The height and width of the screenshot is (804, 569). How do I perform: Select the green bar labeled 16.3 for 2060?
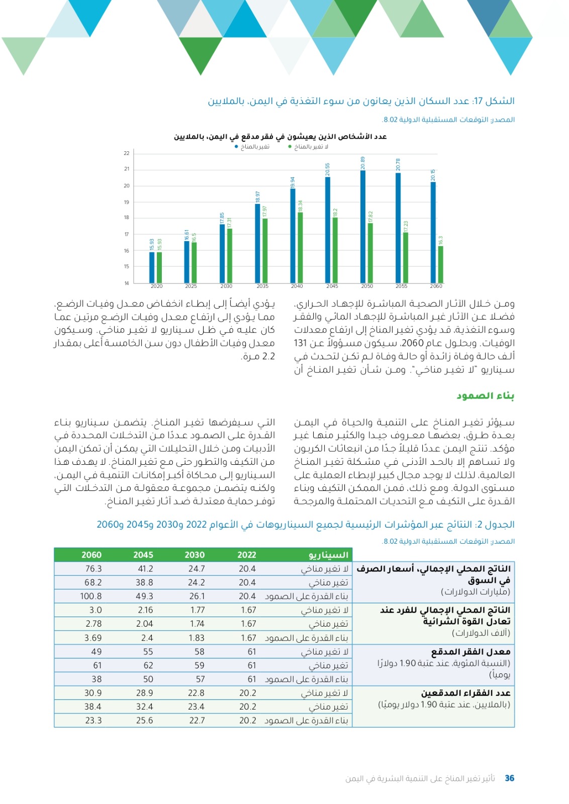tap(441, 264)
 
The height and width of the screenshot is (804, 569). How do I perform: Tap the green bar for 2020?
tap(159, 267)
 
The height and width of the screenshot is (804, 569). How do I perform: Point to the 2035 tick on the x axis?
tap(262, 286)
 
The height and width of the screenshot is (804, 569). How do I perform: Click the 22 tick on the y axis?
tap(127, 153)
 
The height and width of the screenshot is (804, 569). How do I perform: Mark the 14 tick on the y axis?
tap(127, 283)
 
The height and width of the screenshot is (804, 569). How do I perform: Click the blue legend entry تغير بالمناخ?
tap(252, 147)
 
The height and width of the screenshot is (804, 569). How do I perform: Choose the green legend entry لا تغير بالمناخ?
tap(308, 147)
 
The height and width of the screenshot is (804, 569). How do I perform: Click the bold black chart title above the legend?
tap(280, 137)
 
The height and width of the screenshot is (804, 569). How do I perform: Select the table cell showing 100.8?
tap(91, 596)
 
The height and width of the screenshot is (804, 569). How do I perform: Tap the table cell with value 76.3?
tap(93, 569)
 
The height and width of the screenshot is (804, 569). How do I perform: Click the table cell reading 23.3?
tap(93, 720)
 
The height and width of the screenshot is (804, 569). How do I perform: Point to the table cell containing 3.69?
tap(93, 638)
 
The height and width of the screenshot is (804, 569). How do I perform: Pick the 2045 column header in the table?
tap(143, 555)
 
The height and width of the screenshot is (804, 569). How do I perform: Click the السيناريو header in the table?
tap(329, 555)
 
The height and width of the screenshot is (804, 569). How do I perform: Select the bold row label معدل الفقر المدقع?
tap(470, 652)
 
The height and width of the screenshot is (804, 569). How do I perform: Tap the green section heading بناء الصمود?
tap(485, 396)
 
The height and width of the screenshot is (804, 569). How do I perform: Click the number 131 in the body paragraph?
tap(300, 343)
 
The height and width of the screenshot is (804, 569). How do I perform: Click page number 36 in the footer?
tap(509, 778)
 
